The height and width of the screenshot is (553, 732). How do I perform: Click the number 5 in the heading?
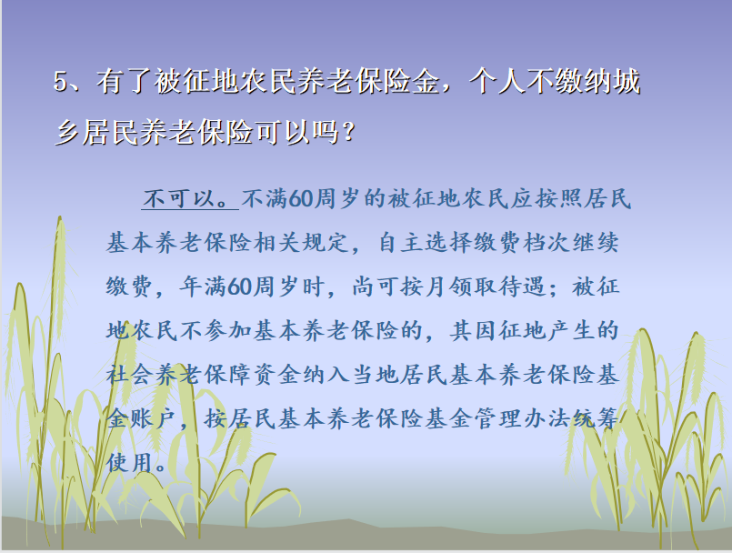tap(61, 82)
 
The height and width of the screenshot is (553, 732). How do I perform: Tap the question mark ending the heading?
tap(348, 132)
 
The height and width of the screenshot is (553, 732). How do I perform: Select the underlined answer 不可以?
tap(179, 198)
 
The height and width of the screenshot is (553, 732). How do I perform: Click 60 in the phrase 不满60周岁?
tap(300, 198)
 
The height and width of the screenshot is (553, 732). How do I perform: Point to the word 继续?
tap(596, 243)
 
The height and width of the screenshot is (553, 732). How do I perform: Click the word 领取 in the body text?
tap(474, 287)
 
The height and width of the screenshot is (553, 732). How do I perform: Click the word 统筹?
tap(596, 418)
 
